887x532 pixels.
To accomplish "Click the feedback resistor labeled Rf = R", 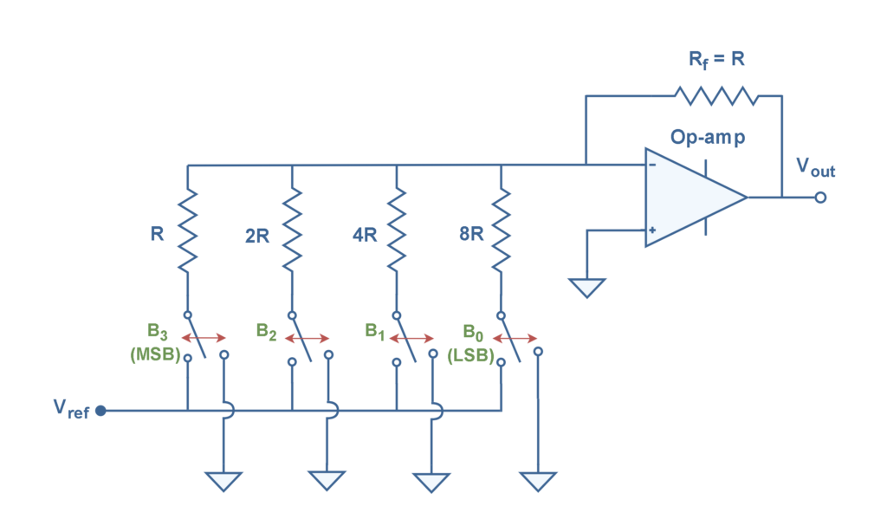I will point(715,95).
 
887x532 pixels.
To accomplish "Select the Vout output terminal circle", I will point(820,198).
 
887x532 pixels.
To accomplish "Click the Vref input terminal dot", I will point(100,411).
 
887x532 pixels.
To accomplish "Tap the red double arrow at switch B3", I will point(204,338).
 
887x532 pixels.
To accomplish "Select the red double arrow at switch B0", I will point(516,338).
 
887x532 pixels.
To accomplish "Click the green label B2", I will point(266,331).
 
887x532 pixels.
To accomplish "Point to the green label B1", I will point(373,331).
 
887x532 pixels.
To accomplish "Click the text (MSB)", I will point(154,354).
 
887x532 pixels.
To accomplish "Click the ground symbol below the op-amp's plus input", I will point(587,288).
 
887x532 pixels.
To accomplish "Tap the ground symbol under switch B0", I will point(538,481).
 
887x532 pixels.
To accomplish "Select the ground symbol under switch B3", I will point(223,481).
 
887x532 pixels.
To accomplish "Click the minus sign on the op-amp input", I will point(652,163).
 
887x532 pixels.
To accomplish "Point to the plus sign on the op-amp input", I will point(652,230).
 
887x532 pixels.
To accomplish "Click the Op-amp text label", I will point(707,138).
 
